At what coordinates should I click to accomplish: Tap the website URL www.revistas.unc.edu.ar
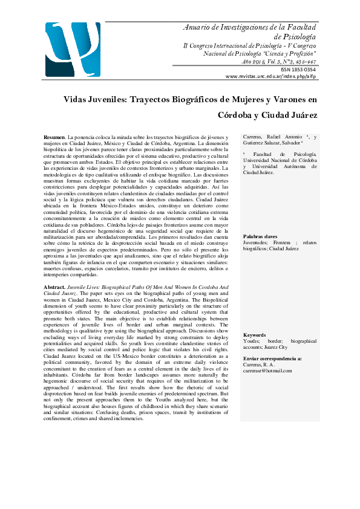pos(271,77)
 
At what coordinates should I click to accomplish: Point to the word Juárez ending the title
pos(298,114)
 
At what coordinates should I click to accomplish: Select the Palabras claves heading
pos(260,236)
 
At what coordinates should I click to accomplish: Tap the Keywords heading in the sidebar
pos(255,335)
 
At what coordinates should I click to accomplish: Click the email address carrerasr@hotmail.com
pos(268,371)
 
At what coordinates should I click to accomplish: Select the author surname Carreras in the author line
pos(254,138)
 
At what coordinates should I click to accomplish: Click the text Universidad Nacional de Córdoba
pos(280,161)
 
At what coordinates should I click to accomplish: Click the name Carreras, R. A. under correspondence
pos(260,365)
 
